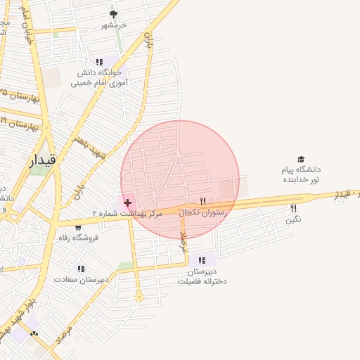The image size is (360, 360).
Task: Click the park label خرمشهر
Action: coord(112,25)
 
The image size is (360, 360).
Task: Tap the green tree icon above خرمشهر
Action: coord(114,14)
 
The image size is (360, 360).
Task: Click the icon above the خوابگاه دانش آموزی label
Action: coord(99,61)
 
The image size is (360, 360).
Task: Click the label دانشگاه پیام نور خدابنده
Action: coord(301,174)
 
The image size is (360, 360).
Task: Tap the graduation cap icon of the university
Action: coord(302,160)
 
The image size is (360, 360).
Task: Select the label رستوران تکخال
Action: coord(204,212)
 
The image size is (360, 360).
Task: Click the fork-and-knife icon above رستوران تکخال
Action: coord(203,201)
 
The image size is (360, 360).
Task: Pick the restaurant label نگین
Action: coord(293,219)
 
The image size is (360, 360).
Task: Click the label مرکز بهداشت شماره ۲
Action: coord(127,212)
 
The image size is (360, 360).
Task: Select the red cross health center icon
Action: coord(127,202)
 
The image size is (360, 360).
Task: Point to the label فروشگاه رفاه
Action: coord(78,238)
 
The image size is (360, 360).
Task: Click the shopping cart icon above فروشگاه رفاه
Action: coord(78,227)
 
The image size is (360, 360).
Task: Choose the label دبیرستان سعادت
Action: coord(82,279)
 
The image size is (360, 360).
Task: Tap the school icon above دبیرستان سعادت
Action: coord(82,268)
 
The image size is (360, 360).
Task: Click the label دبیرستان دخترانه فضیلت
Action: coord(202,276)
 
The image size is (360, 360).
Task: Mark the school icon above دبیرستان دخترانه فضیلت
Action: coord(202,260)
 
